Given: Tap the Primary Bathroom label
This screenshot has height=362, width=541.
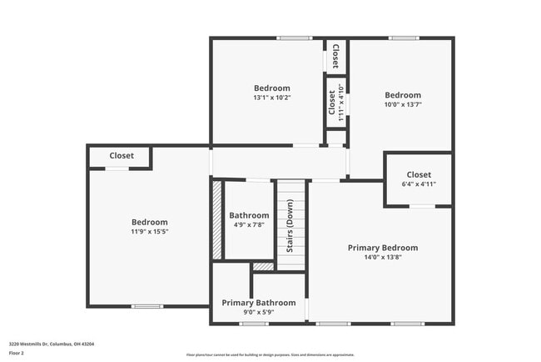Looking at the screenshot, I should coord(258,303).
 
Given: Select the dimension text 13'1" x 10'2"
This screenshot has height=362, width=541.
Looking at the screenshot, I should coord(271,98).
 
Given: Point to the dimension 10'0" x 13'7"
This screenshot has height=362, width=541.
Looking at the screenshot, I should coord(402,105).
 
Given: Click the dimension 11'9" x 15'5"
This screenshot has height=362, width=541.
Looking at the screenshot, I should coord(149,232).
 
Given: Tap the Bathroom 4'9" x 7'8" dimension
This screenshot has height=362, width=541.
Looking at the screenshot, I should coord(249,225).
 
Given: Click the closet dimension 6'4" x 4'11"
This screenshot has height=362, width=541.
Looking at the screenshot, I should coord(419,184).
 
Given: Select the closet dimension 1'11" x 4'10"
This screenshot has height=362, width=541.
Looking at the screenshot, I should coord(340,106).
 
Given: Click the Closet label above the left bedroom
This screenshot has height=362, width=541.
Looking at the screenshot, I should coord(122,156).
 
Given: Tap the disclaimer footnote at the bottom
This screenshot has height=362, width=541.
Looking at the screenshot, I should coord(270,354).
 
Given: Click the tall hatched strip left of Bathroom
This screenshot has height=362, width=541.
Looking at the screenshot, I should coord(217,220).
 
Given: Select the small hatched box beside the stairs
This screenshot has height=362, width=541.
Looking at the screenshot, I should coord(263,267).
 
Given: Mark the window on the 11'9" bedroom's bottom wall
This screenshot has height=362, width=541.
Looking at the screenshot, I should coord(147,306).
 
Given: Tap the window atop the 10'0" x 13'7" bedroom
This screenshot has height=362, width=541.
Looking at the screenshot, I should coord(404,38).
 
